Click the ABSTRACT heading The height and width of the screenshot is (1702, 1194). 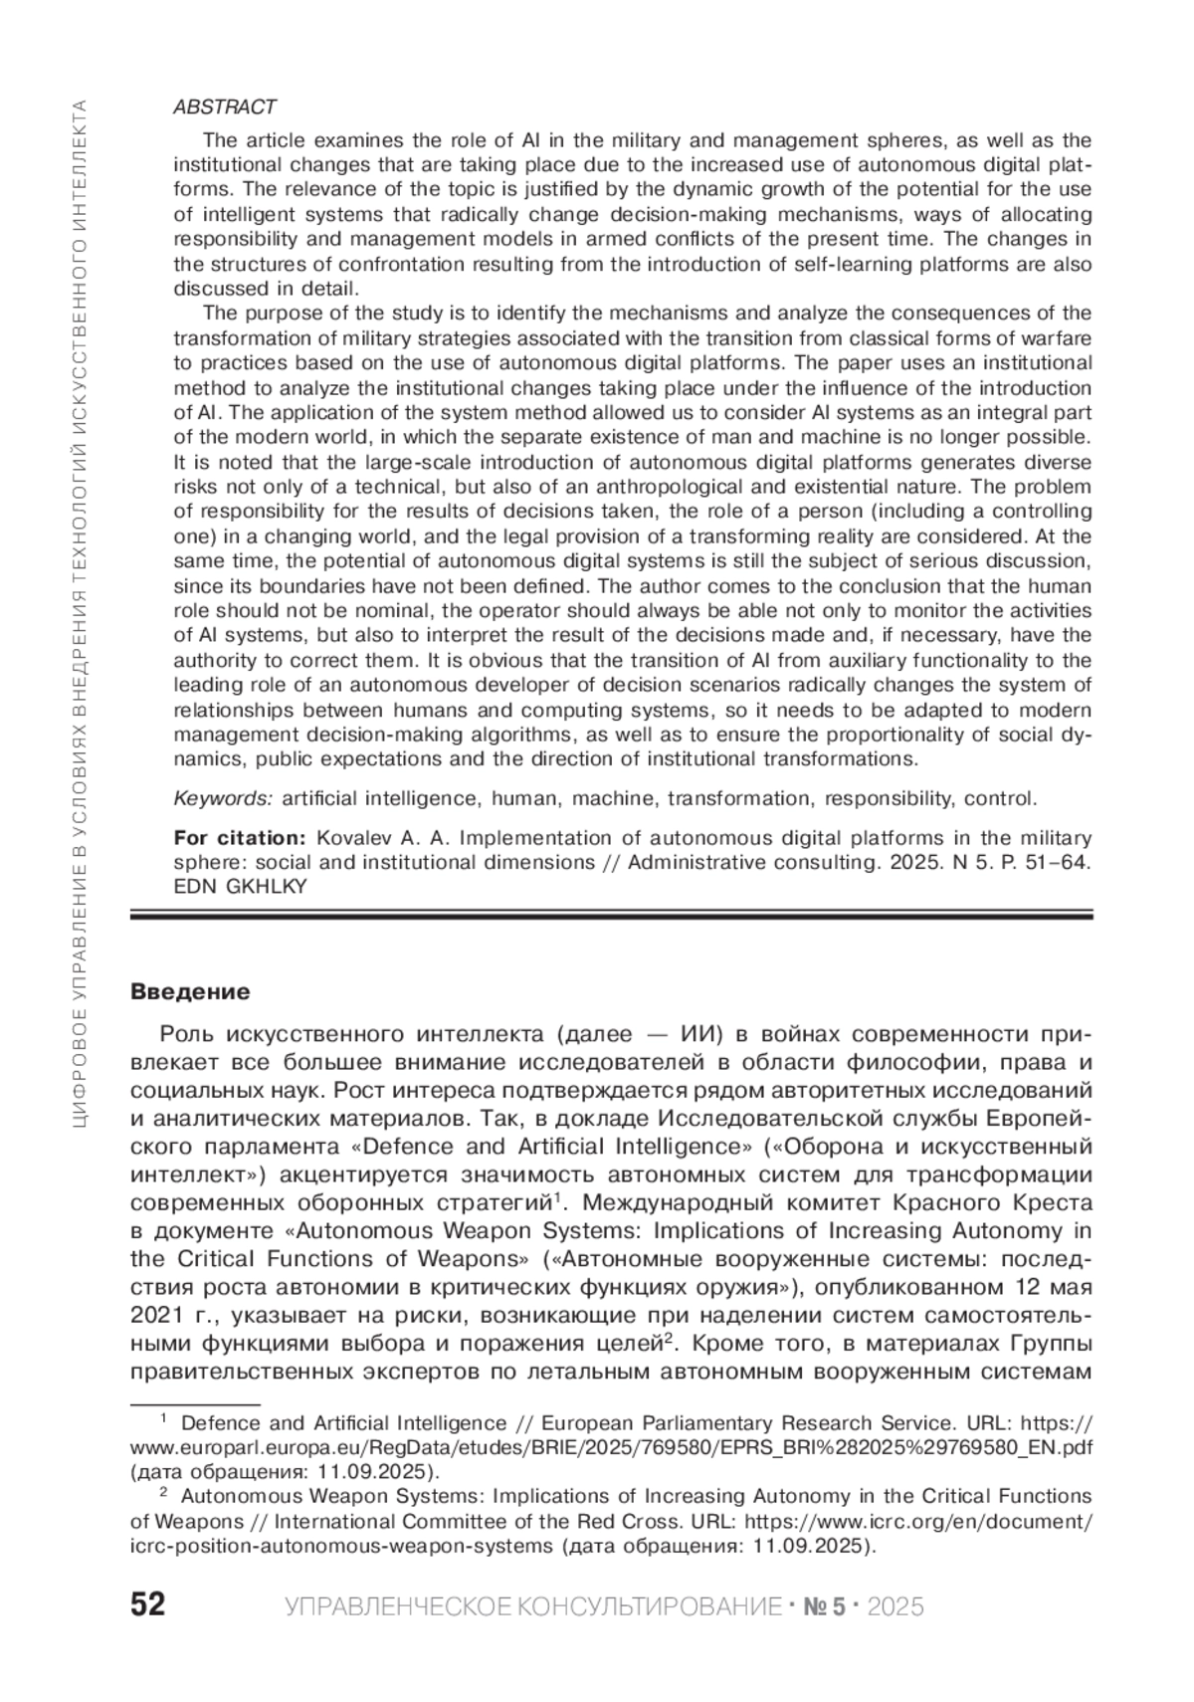click(x=225, y=106)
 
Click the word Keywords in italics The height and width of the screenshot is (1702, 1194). click(x=223, y=798)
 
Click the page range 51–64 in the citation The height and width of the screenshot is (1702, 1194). click(x=1053, y=862)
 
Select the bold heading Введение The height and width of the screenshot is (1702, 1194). click(x=190, y=992)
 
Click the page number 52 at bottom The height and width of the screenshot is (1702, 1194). click(x=148, y=1605)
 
